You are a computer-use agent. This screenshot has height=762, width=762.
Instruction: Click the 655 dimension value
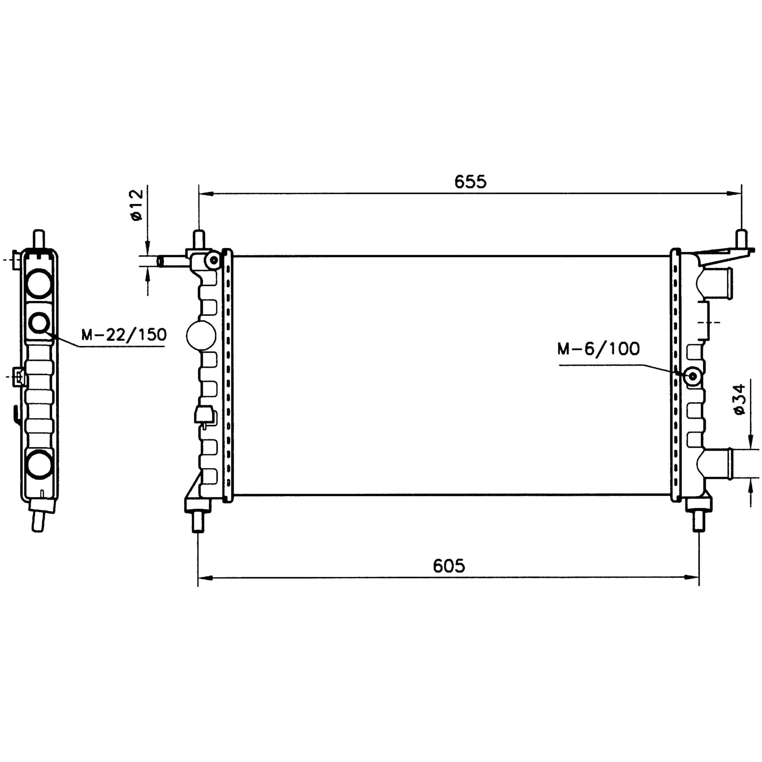click(471, 182)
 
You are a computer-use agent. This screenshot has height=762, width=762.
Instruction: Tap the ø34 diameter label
click(740, 399)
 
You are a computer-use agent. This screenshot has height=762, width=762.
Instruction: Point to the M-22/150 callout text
click(124, 334)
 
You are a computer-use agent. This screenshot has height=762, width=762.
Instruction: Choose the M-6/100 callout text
click(599, 349)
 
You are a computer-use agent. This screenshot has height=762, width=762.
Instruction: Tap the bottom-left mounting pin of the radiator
click(198, 522)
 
